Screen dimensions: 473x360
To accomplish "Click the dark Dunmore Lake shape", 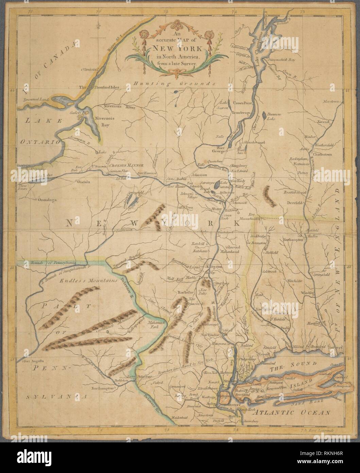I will [264, 116].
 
